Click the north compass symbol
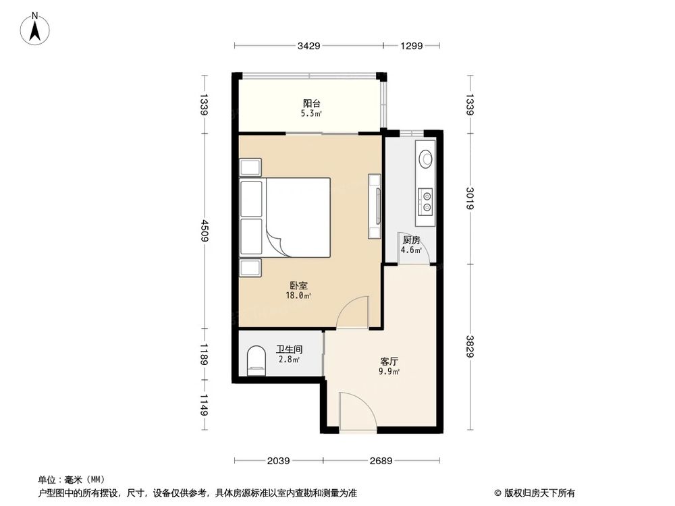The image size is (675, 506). (34, 29)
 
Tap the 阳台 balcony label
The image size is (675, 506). (311, 104)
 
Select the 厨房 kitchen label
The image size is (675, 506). (411, 241)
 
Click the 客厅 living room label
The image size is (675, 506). (389, 361)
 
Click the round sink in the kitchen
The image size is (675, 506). (426, 159)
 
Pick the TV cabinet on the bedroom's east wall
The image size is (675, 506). (375, 206)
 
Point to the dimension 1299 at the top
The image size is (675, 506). (411, 46)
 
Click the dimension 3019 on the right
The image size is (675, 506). (470, 198)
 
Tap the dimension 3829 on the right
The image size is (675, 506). (470, 346)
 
